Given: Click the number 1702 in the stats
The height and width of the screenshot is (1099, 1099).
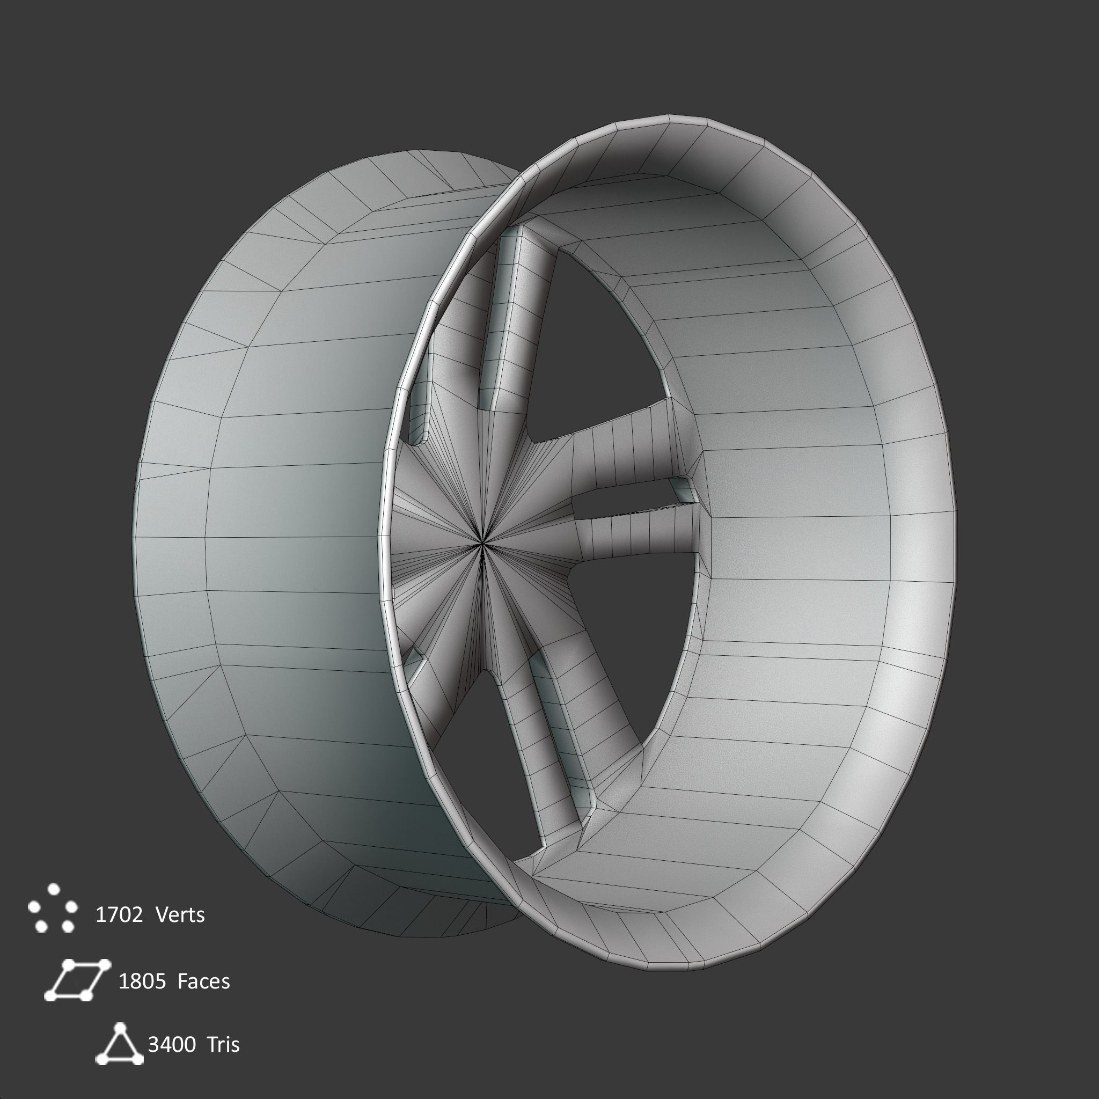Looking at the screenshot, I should click(x=118, y=915).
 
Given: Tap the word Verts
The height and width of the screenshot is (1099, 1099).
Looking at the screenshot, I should click(x=179, y=915).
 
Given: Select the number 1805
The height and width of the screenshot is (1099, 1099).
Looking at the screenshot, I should click(x=142, y=981).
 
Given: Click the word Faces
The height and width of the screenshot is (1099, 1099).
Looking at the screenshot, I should click(x=203, y=981).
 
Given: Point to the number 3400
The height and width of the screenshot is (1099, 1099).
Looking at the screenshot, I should click(x=172, y=1044).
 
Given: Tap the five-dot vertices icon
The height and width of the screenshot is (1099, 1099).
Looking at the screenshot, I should click(x=53, y=908).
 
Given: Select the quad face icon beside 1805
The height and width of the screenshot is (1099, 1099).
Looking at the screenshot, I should click(x=77, y=979).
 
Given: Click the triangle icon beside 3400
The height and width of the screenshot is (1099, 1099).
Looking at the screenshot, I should click(x=119, y=1044).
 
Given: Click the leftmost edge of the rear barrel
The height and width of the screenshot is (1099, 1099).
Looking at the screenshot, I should click(x=134, y=540).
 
